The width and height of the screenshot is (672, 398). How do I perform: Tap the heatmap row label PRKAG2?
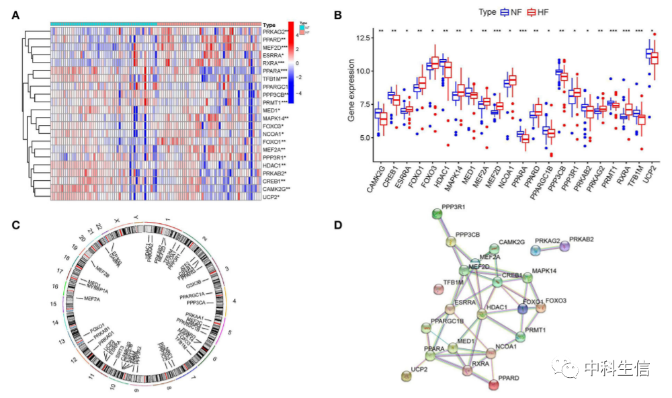(x=274, y=32)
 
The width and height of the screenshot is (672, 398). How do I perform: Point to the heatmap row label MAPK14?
(x=275, y=118)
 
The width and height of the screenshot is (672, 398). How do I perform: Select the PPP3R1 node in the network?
(x=435, y=214)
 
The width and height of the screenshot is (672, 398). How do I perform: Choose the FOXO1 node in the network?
(x=525, y=308)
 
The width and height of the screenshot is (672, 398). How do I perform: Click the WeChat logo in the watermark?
(x=562, y=368)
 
